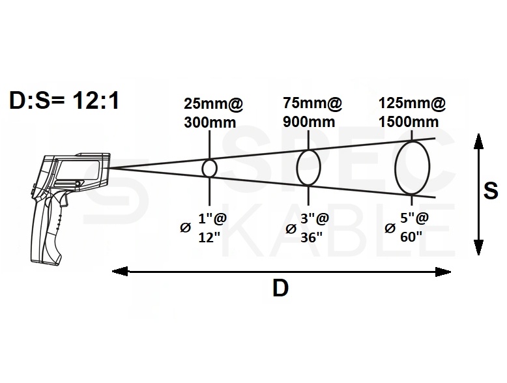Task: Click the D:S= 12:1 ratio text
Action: point(64,100)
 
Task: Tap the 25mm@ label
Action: point(213,104)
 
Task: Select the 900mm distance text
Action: point(309,122)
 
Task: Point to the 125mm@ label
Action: point(412,103)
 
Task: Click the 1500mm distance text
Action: point(409,122)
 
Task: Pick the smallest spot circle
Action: point(203,169)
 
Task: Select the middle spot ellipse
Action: point(297,167)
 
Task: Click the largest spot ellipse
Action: point(396,167)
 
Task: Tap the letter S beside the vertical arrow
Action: point(491,191)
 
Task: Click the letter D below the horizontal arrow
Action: point(280,288)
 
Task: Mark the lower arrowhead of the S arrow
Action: point(478,248)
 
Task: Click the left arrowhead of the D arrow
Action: point(120,272)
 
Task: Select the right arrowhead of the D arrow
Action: point(443,272)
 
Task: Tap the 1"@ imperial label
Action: point(212,219)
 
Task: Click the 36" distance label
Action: point(311,238)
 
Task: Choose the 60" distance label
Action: point(411,237)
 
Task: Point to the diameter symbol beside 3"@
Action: point(291,229)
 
